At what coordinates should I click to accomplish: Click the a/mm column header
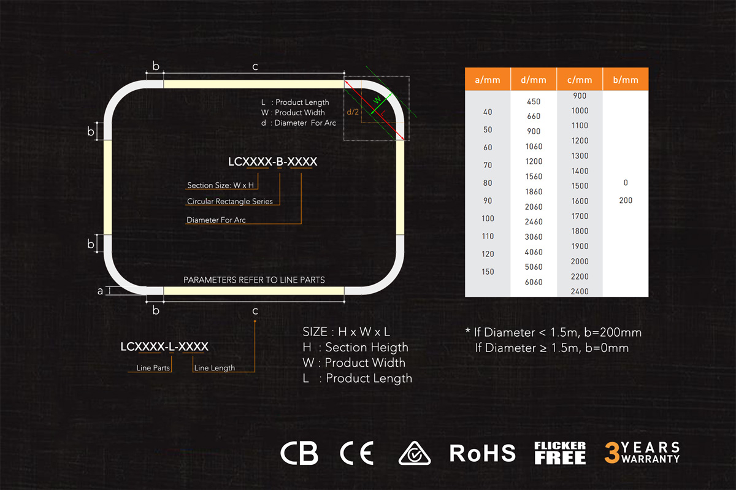point(488,79)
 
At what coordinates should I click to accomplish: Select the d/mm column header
point(534,79)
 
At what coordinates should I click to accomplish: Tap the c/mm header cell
point(580,79)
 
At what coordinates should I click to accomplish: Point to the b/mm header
point(626,79)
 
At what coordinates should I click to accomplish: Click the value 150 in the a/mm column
point(488,272)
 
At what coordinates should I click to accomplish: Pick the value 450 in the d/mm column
point(534,102)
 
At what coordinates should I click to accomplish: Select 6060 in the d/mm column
point(534,282)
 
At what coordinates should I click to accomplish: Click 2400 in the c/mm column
point(580,291)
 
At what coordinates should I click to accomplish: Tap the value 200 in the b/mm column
point(626,200)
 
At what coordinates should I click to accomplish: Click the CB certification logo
point(299,453)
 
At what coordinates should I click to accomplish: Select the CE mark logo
point(357,453)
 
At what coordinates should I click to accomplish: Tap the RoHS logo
point(482,453)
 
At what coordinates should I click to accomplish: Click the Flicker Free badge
point(560,453)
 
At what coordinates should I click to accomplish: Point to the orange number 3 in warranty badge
point(612,453)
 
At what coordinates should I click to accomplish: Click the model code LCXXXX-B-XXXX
point(273,162)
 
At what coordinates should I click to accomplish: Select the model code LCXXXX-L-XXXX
point(164,346)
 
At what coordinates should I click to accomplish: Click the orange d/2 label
point(353,112)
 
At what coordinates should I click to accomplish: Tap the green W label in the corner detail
point(378,99)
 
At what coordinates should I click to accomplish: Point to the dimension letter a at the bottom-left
point(100,291)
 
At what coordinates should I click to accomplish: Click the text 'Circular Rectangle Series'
point(229,201)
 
